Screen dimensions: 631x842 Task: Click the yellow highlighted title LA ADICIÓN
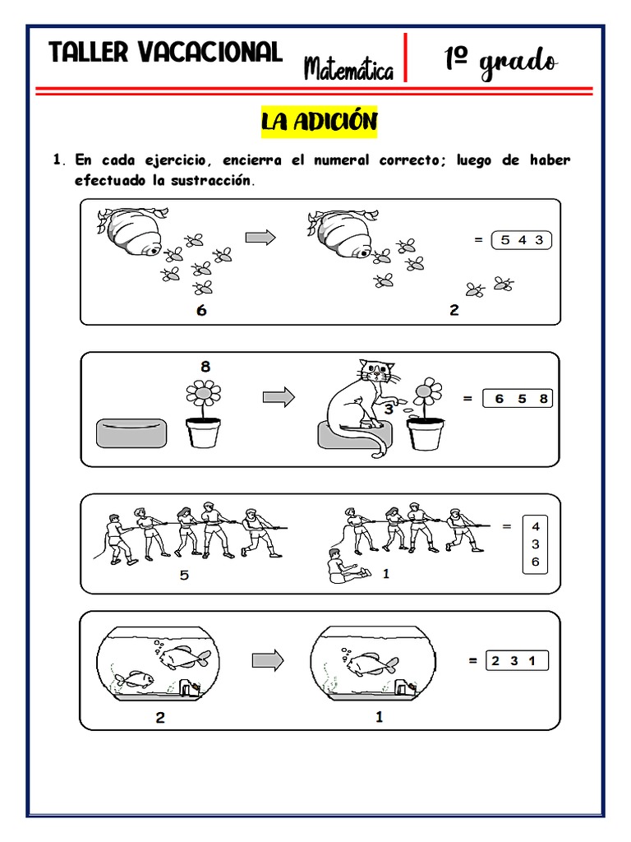(320, 122)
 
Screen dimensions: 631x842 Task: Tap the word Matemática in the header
(348, 69)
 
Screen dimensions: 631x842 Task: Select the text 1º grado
(500, 61)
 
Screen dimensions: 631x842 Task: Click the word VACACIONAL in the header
(210, 53)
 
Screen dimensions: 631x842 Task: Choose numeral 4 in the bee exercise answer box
(522, 241)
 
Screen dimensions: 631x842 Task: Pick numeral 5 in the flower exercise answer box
(522, 399)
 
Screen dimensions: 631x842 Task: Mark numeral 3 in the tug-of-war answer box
(535, 544)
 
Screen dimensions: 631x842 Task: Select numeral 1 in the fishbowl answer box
(532, 661)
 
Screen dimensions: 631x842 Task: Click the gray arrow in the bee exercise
(260, 237)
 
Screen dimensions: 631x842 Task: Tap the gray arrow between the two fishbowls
(268, 660)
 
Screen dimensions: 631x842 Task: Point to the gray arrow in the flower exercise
(279, 397)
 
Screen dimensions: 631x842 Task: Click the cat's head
(376, 371)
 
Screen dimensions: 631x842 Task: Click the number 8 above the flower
(205, 367)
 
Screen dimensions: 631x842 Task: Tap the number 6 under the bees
(201, 310)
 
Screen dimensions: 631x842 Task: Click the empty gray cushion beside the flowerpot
(131, 433)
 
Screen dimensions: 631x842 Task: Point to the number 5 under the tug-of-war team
(184, 575)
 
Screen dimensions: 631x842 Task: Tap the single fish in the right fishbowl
(371, 664)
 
